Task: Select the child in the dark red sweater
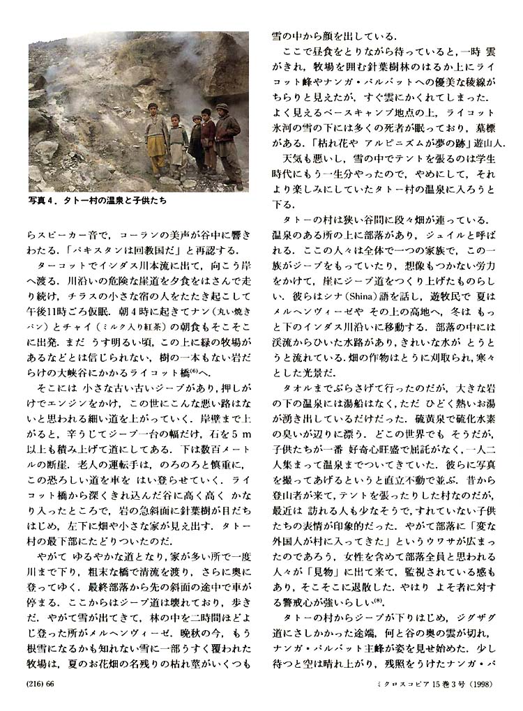coord(208,139)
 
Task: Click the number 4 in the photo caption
coord(54,200)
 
